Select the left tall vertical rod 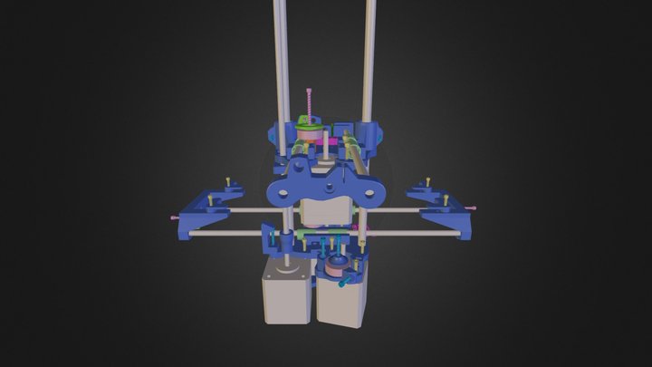[281, 54]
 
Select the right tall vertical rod [369, 54]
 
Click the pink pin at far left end [173, 218]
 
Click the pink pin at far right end [478, 209]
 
